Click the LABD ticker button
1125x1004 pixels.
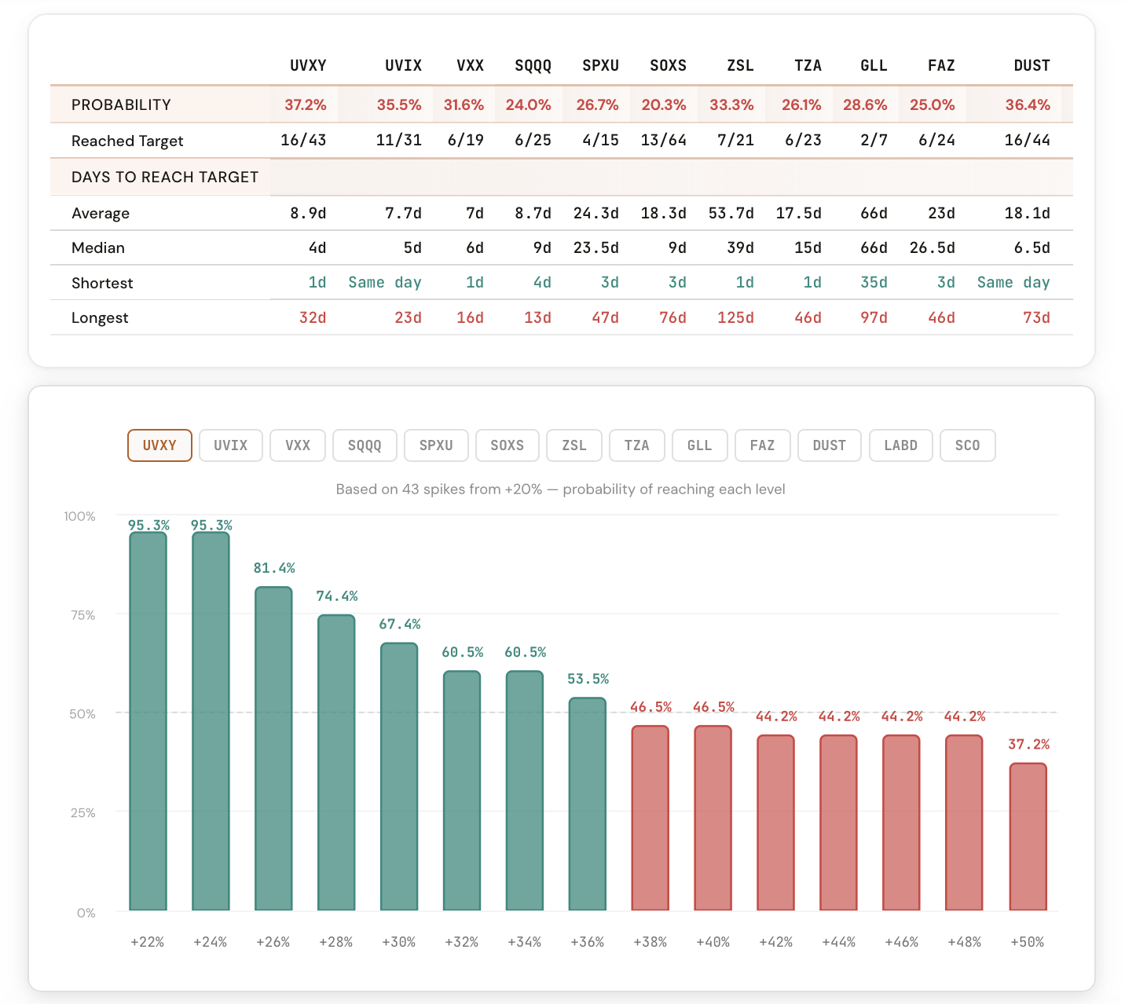tap(900, 445)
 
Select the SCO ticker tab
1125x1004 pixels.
tap(967, 445)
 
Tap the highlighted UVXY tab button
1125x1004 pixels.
tap(159, 445)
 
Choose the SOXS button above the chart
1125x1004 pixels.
tap(507, 445)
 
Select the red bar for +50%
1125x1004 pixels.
tap(1028, 837)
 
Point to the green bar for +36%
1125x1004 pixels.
tap(588, 804)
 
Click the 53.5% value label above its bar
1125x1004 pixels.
tap(588, 679)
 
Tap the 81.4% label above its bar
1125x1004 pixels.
tap(273, 568)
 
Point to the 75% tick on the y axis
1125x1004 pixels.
tap(83, 615)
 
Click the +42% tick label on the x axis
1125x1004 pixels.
tap(775, 942)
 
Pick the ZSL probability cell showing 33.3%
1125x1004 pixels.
tap(731, 104)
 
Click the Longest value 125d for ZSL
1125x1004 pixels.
tap(735, 317)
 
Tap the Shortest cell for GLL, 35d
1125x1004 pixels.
tap(874, 282)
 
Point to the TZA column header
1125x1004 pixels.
tap(808, 65)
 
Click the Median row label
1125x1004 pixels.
tap(98, 247)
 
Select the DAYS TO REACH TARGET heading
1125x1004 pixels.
tap(165, 177)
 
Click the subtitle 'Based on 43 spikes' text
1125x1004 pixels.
tap(560, 489)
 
